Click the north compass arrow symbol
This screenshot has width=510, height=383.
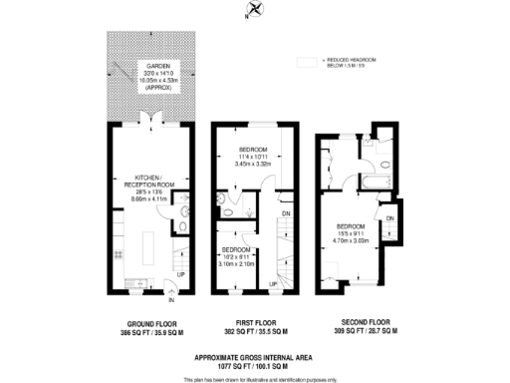(x=256, y=10)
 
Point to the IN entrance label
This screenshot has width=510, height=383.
(x=171, y=298)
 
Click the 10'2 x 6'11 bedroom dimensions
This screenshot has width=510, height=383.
(x=237, y=255)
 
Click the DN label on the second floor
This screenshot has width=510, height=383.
(x=390, y=217)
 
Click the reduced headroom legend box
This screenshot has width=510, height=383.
(x=306, y=62)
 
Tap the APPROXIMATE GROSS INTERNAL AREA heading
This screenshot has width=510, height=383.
(x=255, y=356)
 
